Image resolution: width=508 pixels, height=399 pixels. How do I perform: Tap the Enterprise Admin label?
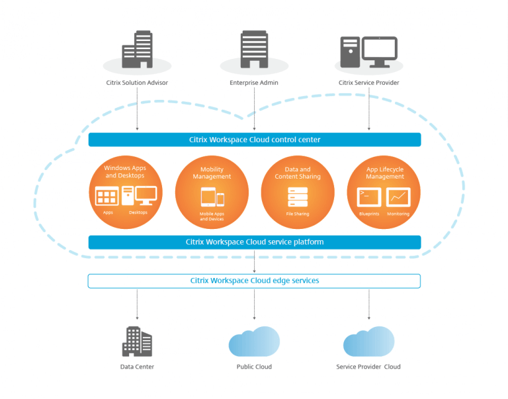tap(254, 83)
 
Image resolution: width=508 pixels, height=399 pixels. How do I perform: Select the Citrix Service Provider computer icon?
tap(368, 51)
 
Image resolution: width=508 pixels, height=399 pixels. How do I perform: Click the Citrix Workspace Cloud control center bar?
tap(255, 140)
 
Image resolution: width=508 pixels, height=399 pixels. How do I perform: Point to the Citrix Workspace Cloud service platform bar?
tap(255, 242)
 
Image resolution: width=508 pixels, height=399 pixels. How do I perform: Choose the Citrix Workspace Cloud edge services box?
tap(255, 281)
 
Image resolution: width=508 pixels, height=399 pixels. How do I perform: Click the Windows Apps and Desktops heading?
tap(126, 171)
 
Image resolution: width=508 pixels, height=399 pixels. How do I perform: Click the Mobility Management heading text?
tap(212, 173)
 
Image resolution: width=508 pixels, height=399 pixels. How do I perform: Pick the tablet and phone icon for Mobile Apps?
tap(212, 198)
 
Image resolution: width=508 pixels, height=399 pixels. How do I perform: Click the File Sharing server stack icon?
tap(298, 197)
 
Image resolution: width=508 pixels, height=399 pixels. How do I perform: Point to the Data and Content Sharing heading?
tap(298, 173)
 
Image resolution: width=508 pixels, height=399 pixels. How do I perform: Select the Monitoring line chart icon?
tap(398, 197)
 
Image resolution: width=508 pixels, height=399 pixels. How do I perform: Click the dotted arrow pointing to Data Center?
tap(138, 304)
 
